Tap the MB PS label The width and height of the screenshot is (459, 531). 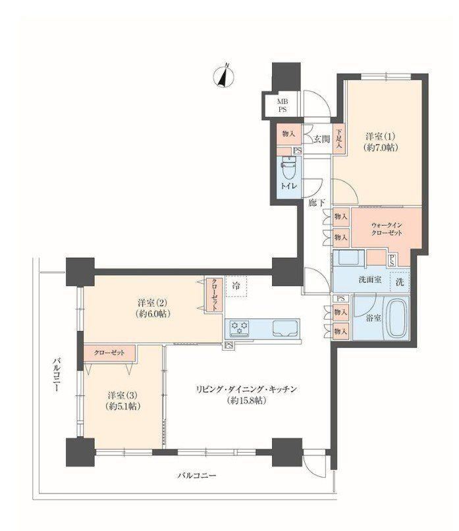(283, 105)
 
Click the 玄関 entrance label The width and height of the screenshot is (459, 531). (321, 138)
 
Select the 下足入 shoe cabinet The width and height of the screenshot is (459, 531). (338, 139)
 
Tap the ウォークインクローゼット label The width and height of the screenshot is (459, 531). (387, 229)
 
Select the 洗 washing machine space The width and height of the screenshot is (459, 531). (399, 282)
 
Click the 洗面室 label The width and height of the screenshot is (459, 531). (370, 280)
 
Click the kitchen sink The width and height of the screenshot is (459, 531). (284, 328)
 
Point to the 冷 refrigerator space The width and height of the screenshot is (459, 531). (236, 286)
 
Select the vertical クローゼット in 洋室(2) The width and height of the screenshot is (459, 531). (215, 295)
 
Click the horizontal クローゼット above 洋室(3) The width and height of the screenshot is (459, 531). (109, 353)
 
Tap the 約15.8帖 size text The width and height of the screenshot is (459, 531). (246, 401)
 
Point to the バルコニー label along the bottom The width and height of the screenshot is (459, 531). (197, 476)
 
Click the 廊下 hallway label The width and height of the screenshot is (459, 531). (317, 203)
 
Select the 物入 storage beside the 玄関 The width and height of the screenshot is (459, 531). (288, 134)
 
